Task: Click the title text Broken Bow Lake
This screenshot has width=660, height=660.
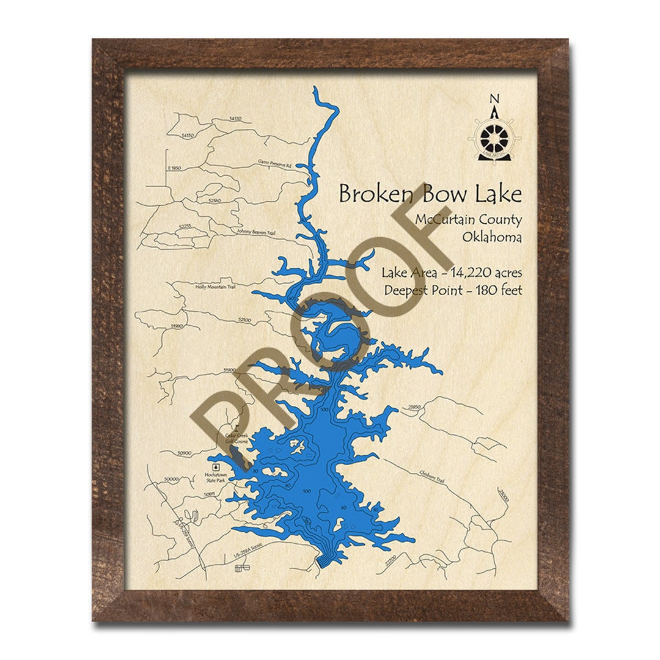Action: [x=430, y=194]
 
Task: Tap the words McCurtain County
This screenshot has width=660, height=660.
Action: [x=469, y=220]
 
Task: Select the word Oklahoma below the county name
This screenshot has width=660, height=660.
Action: [x=493, y=238]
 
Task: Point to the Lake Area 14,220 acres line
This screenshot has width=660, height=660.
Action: [x=452, y=273]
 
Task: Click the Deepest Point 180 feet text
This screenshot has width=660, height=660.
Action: [x=453, y=291]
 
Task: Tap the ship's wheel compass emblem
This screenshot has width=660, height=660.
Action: [x=495, y=135]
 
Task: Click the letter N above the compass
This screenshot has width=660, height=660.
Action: [x=495, y=98]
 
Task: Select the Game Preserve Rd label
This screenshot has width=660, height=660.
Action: [x=275, y=164]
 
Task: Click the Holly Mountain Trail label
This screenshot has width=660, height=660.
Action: [x=215, y=286]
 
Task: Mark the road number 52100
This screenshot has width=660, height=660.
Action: [x=244, y=320]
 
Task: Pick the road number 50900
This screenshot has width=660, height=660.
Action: [x=184, y=453]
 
